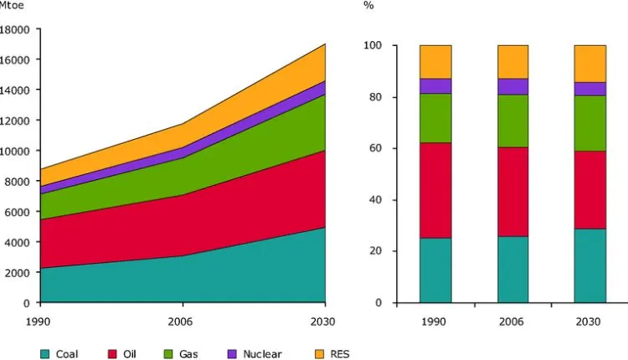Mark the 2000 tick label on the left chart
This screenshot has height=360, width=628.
(20, 272)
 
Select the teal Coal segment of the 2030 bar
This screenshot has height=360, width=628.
(590, 265)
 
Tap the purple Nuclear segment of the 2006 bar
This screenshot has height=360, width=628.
(513, 86)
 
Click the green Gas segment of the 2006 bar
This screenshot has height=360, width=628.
(513, 121)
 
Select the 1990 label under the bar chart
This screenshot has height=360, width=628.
(435, 319)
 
